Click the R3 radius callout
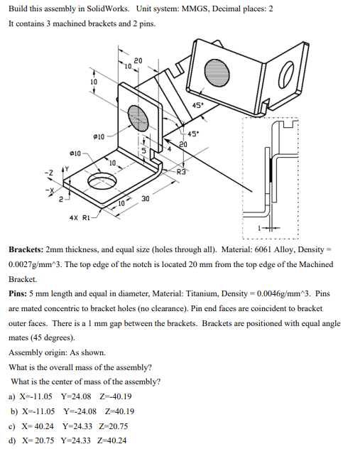(182, 171)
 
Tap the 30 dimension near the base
(146, 199)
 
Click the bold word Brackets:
(25, 251)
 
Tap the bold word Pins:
(18, 293)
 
